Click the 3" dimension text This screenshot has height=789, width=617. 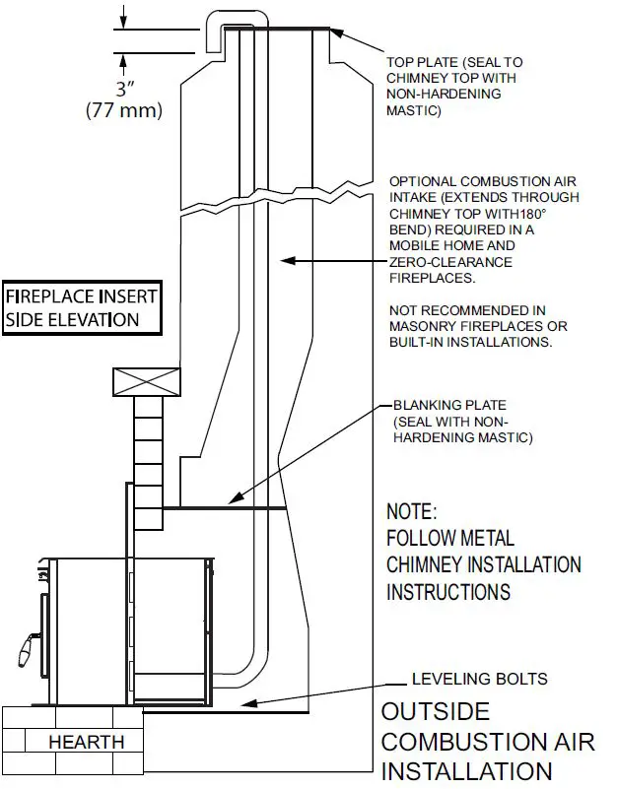[123, 87]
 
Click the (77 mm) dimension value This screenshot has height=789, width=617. [123, 109]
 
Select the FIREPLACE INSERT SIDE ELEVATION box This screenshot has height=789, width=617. [81, 307]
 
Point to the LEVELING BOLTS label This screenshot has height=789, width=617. [479, 680]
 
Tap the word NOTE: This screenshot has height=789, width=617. [411, 512]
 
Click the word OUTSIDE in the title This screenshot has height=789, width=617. [435, 712]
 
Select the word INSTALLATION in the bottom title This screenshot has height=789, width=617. [466, 771]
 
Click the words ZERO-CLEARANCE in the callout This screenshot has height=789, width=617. [450, 262]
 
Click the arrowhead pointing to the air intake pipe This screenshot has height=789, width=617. [283, 261]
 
